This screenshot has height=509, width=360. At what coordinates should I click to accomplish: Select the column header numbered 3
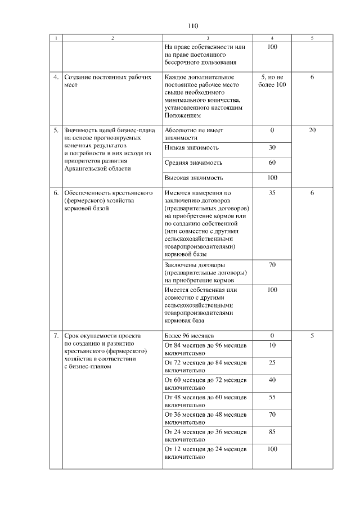click(x=207, y=38)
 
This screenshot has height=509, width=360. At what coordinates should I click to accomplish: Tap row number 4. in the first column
click(x=56, y=77)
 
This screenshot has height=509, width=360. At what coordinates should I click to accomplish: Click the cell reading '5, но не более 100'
click(x=272, y=80)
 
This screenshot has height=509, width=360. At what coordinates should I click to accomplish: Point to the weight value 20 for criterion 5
click(x=313, y=130)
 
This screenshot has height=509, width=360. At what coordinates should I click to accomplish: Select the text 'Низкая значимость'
click(x=192, y=147)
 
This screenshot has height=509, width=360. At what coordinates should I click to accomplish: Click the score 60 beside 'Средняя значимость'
click(x=272, y=163)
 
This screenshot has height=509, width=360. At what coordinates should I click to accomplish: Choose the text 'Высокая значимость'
click(x=193, y=178)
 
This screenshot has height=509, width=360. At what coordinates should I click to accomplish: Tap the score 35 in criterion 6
click(x=272, y=193)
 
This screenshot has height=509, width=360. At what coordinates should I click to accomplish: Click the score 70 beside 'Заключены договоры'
click(x=272, y=264)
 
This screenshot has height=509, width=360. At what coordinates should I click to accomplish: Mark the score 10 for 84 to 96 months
click(x=272, y=345)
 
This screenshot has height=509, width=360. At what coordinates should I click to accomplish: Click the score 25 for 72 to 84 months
click(x=272, y=363)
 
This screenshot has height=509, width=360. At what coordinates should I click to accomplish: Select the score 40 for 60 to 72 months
click(x=272, y=380)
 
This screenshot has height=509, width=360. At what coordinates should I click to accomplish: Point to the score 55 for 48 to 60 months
click(x=272, y=398)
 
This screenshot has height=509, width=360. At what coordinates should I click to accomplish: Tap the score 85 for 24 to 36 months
click(x=272, y=433)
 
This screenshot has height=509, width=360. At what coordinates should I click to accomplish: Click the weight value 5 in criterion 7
click(x=313, y=336)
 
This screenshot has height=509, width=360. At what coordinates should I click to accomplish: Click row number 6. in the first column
click(x=56, y=193)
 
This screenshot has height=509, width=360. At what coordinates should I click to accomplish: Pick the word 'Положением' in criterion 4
click(x=183, y=115)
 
